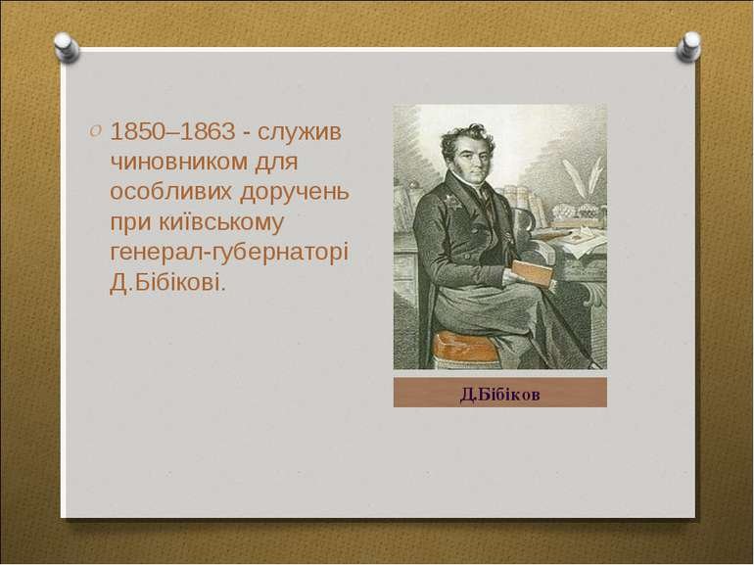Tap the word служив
(305, 132)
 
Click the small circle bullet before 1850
(95, 130)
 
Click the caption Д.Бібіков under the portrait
(499, 394)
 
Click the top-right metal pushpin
(690, 45)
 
